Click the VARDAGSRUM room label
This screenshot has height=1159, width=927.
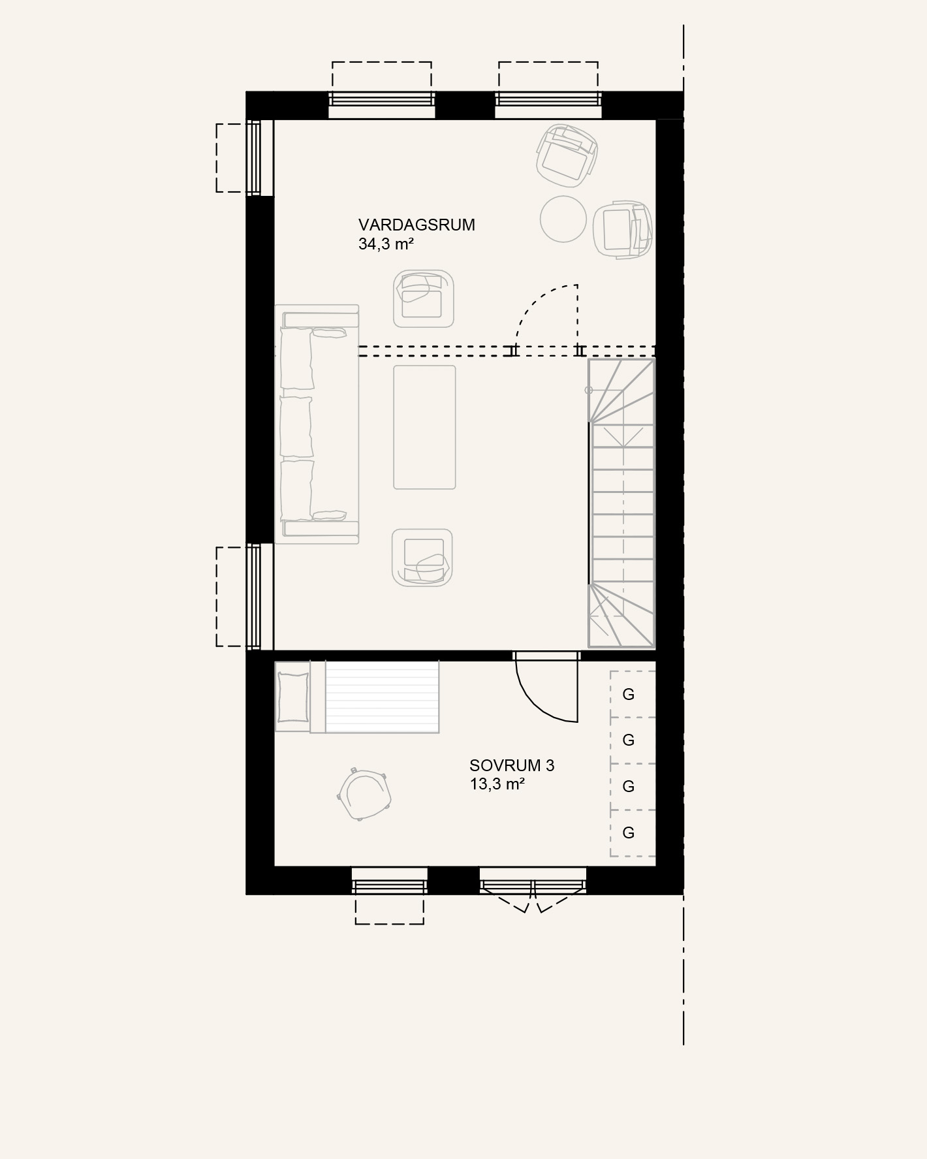416,225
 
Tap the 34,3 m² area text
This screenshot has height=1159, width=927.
386,245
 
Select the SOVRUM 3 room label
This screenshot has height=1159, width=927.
512,765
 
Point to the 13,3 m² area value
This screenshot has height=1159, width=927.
497,784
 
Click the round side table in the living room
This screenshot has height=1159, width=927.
564,219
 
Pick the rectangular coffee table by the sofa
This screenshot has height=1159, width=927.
424,427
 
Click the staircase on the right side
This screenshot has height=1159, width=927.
621,503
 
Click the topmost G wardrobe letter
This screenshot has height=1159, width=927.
629,694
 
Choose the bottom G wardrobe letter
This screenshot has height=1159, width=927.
629,833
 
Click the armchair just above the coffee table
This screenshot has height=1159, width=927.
424,298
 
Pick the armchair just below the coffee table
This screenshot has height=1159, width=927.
422,557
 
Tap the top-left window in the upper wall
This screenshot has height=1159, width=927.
382,99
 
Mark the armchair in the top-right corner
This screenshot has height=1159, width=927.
565,153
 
